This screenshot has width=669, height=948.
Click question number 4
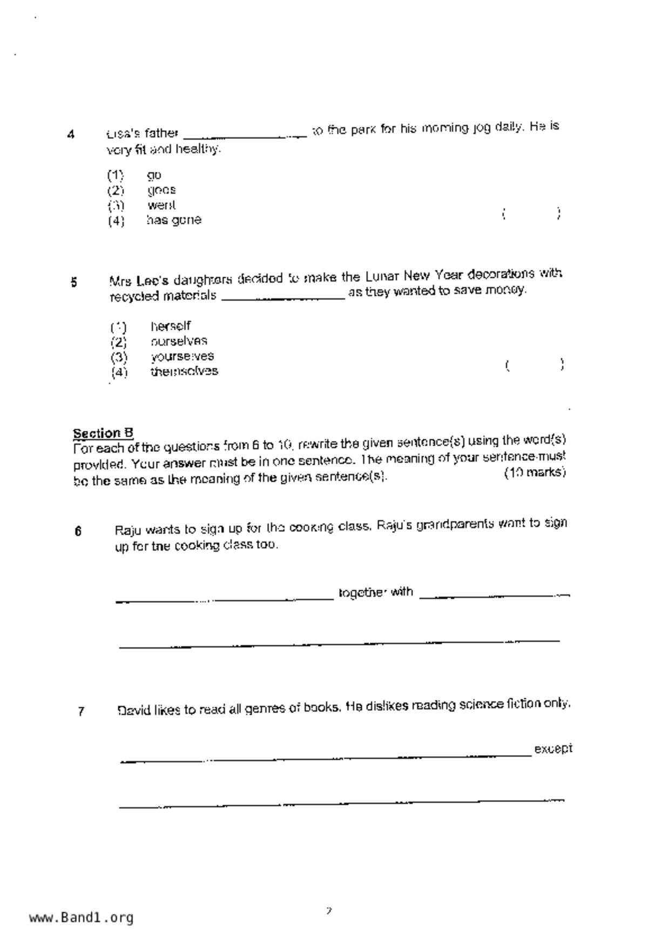pos(71,135)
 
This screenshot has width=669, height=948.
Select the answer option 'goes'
pos(161,190)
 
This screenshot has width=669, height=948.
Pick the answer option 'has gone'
pos(174,220)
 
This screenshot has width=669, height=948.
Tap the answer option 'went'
pos(161,205)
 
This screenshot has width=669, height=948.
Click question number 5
pos(74,282)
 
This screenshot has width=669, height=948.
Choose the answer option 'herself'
pos(171,326)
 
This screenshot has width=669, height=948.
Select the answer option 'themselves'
pos(184,371)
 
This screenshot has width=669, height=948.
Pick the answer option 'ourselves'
pos(179,341)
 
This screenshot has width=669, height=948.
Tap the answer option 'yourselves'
pos(182,356)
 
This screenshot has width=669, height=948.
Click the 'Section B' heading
pos(103,433)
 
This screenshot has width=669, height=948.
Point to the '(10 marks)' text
pos(535,472)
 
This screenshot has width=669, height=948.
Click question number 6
pos(78,531)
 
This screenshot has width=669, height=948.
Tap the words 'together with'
pos(376,592)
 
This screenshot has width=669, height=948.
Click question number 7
pos(81,711)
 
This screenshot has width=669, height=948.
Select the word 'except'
pos(553,749)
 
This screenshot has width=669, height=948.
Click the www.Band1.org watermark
pos(82,917)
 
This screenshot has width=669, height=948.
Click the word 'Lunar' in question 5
pos(382,277)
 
